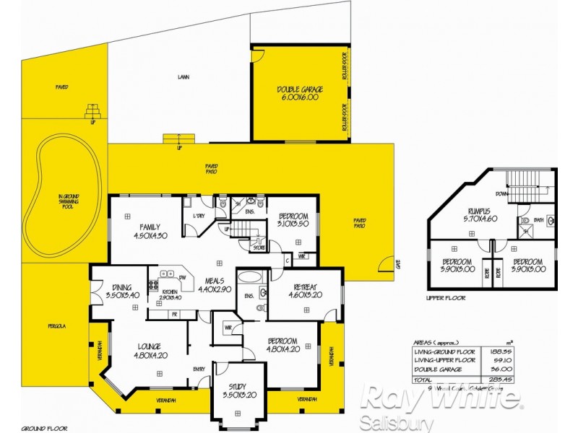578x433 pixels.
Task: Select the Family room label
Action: click(150, 230)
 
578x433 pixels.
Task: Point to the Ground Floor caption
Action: click(38, 427)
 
